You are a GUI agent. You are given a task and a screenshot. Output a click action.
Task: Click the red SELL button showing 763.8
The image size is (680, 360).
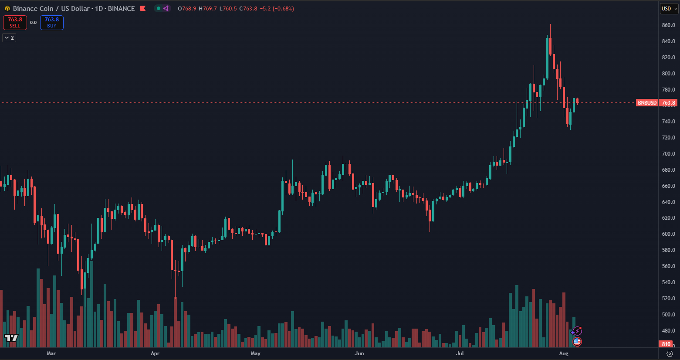tap(15, 23)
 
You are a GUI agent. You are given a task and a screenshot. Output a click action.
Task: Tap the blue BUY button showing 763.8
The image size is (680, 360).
tap(52, 23)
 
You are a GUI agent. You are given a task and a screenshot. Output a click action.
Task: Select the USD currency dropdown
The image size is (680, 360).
tap(669, 9)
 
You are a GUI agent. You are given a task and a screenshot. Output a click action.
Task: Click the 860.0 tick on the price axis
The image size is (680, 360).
tap(668, 25)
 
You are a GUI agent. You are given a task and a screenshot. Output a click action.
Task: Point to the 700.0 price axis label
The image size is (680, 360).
tap(668, 154)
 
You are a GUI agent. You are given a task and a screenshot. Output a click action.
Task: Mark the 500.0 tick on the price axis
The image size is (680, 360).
tap(668, 315)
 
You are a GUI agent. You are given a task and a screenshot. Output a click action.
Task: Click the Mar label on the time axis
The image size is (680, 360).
tap(51, 353)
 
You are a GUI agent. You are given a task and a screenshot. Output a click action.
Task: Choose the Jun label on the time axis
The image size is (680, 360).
tap(359, 353)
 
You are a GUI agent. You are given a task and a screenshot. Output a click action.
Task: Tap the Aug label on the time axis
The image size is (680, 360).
tap(564, 353)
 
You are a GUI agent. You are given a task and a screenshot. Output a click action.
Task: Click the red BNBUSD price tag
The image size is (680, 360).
tap(647, 103)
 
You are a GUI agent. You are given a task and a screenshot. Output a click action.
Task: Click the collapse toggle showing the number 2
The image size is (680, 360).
tap(9, 38)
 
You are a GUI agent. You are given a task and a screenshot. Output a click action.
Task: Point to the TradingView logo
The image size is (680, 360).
tap(11, 338)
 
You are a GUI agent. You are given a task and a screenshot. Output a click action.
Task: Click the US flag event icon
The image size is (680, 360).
tap(577, 342)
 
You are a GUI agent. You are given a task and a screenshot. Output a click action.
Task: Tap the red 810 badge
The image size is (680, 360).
tap(666, 344)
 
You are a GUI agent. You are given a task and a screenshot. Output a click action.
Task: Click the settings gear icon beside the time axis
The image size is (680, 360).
tap(670, 353)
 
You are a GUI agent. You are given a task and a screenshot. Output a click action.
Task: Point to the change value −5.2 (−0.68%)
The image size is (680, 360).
tap(277, 9)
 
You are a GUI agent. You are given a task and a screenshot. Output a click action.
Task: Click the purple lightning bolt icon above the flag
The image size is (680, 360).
tap(577, 331)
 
